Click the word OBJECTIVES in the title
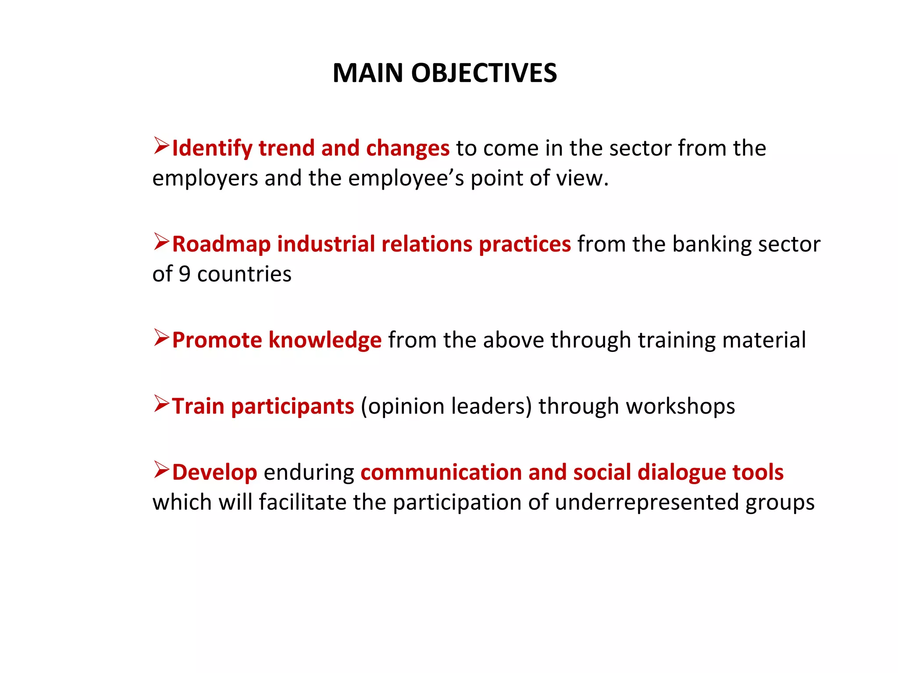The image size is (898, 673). (x=484, y=73)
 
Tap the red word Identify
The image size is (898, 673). (x=212, y=149)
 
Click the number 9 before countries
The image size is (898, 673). (x=185, y=274)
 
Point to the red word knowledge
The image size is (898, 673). (x=325, y=340)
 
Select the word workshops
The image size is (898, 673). (x=681, y=407)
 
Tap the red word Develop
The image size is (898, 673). (x=214, y=473)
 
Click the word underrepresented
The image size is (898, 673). (x=647, y=503)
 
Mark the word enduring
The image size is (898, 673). (x=309, y=473)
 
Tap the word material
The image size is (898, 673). (x=764, y=340)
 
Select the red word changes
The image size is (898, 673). (x=408, y=149)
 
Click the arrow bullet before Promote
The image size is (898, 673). (x=161, y=338)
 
